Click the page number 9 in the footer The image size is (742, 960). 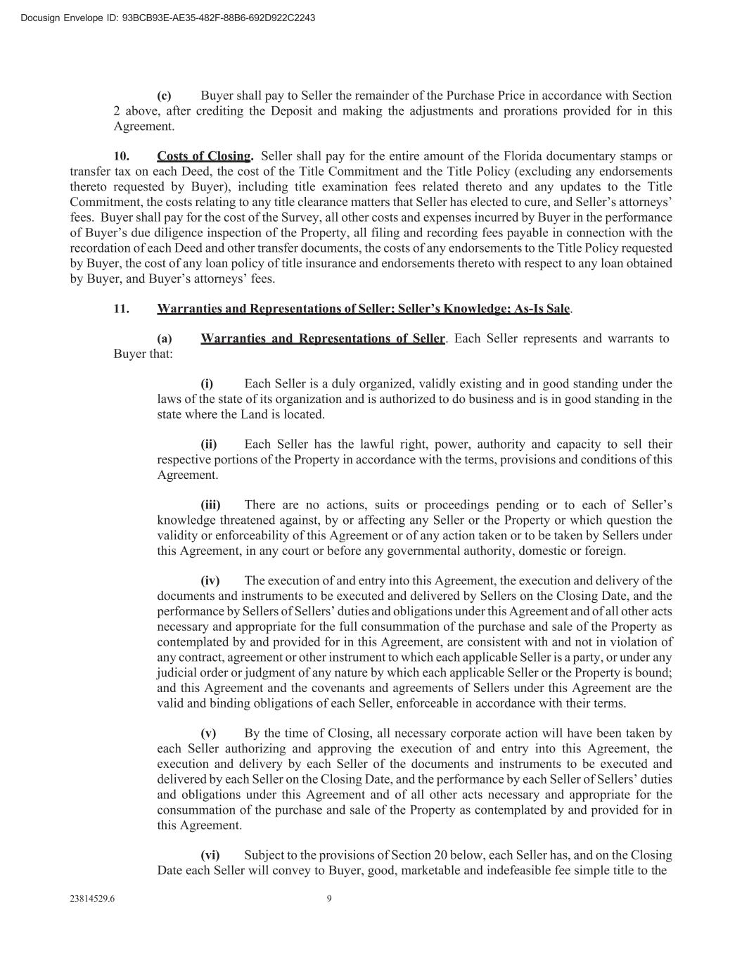(x=329, y=898)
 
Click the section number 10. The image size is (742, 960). (x=121, y=156)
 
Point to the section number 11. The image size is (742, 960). (x=121, y=309)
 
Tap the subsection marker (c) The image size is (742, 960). (x=164, y=96)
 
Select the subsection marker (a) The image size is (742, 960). (x=165, y=339)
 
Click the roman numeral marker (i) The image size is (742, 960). (x=207, y=384)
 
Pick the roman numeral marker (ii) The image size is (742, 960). (x=209, y=444)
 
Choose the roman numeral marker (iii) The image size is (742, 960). (x=210, y=505)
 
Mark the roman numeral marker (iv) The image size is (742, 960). (x=210, y=581)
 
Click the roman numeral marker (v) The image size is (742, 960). (x=208, y=734)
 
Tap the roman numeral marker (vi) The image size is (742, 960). (x=210, y=855)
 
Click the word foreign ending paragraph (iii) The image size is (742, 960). (x=605, y=551)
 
